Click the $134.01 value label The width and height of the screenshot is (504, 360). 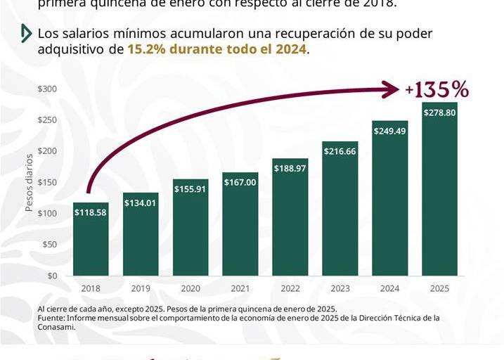141,203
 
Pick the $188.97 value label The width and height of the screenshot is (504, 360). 290,169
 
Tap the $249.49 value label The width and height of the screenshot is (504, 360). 389,131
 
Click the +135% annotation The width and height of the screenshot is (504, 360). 437,90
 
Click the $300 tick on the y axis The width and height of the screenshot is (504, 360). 48,89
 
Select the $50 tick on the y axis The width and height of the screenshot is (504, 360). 50,245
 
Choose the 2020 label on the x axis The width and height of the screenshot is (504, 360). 190,288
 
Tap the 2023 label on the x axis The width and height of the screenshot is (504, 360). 340,288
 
